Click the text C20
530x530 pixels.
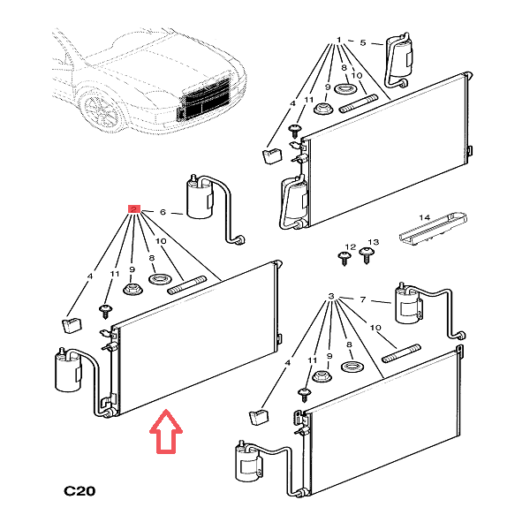[x=79, y=491]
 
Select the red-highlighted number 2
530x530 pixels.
[x=134, y=210]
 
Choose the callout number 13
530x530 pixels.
[x=372, y=242]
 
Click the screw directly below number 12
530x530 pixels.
[x=344, y=259]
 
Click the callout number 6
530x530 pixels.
[x=162, y=212]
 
